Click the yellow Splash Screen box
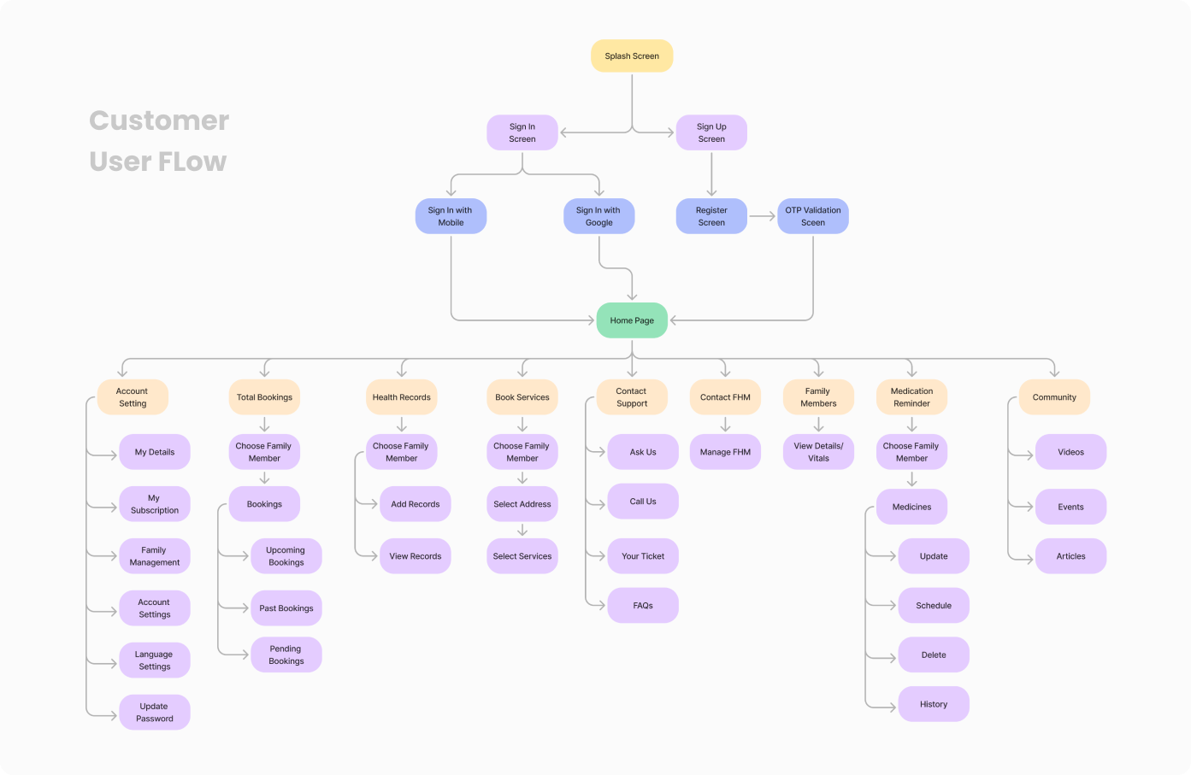(632, 56)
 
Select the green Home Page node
(632, 320)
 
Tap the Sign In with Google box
(598, 216)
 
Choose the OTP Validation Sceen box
(812, 216)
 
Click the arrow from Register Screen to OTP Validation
(762, 216)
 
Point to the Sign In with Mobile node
(451, 216)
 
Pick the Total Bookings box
(264, 397)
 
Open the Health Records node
(401, 397)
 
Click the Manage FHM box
(725, 452)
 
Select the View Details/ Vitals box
(818, 452)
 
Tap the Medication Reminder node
(911, 397)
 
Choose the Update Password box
(154, 713)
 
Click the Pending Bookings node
(286, 655)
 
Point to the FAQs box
(643, 606)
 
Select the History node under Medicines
(934, 704)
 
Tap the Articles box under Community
(1070, 556)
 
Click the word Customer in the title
(159, 120)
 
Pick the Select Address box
(522, 504)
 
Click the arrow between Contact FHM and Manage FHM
(725, 425)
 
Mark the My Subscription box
(154, 504)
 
